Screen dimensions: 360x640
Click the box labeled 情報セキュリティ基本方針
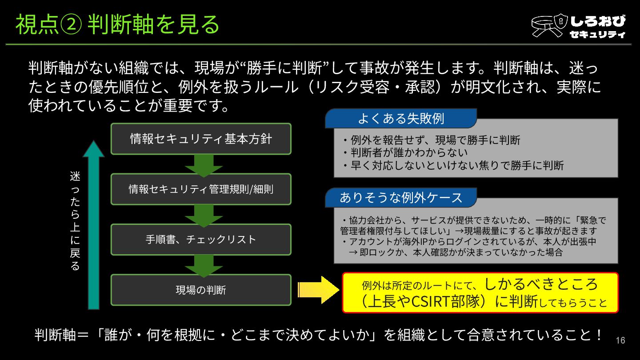[x=201, y=139]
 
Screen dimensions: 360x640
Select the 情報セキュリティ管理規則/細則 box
[x=201, y=189]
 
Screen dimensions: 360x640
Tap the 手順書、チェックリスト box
[x=201, y=240]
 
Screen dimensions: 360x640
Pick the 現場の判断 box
[x=201, y=290]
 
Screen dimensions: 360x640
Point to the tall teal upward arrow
[x=93, y=227]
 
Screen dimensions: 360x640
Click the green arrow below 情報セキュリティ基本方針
[x=204, y=164]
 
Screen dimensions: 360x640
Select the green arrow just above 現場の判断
[x=204, y=265]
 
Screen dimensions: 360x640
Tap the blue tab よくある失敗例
[x=400, y=119]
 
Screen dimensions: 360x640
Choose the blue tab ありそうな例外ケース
[x=400, y=197]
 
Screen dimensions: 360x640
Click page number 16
[x=620, y=340]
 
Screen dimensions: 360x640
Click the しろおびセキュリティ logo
[x=578, y=27]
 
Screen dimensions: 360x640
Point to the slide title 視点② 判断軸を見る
[x=118, y=24]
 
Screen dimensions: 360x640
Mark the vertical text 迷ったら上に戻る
[x=75, y=221]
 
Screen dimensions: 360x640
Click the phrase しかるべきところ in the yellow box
[x=541, y=284]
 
